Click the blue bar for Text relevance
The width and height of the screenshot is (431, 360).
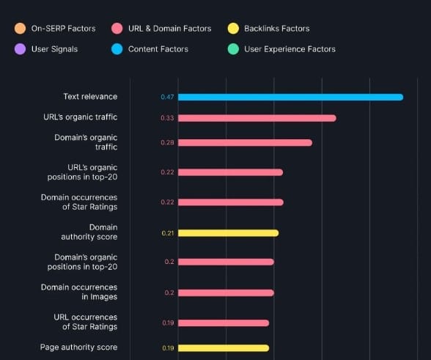(x=290, y=97)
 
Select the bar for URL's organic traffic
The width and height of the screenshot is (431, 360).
(x=257, y=118)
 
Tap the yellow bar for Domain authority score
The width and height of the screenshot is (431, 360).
(x=228, y=233)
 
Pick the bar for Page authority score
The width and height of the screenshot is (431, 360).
(x=224, y=348)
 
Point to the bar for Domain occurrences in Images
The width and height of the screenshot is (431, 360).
(x=226, y=293)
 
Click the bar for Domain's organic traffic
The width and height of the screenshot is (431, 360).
(x=245, y=142)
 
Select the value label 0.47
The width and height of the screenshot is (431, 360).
(x=166, y=97)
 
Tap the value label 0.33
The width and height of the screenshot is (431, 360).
(x=166, y=118)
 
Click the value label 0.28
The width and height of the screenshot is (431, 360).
(x=166, y=142)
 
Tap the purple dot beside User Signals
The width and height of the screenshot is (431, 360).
(x=20, y=49)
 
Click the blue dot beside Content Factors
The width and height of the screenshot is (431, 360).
(x=117, y=49)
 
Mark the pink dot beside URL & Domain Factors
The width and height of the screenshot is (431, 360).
(x=117, y=29)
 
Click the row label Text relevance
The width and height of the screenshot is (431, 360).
(x=90, y=97)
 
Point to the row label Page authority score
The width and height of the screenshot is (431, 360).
(x=78, y=348)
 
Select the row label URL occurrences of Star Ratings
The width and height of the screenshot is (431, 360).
(x=86, y=322)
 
